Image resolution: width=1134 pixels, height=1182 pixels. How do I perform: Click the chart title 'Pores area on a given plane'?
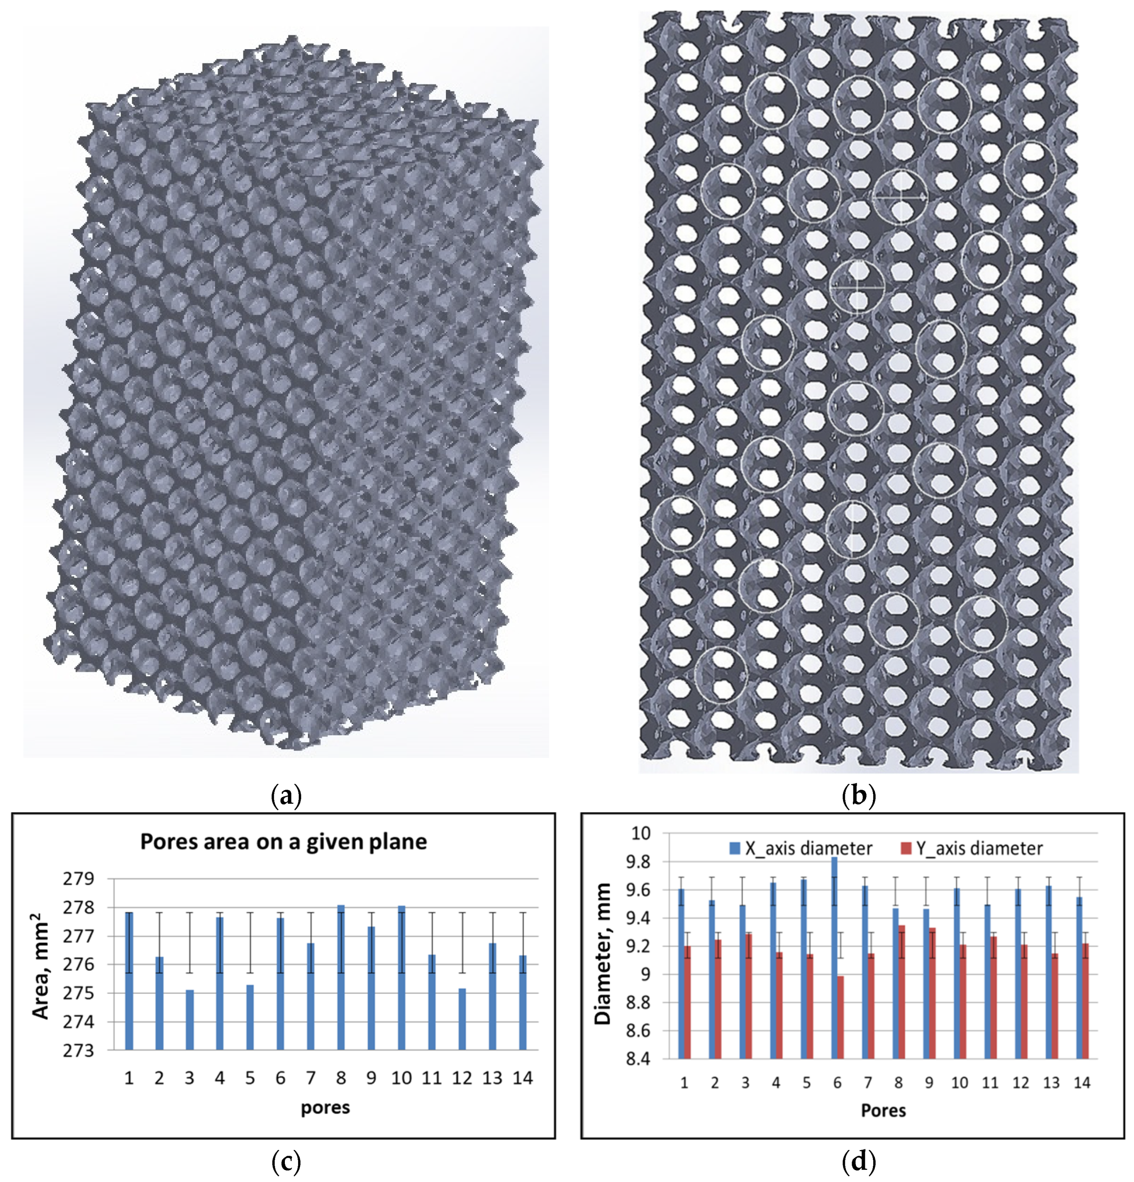click(283, 841)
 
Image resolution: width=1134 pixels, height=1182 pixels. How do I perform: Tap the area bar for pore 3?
click(189, 1020)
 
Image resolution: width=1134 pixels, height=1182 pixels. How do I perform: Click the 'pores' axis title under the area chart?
click(325, 1108)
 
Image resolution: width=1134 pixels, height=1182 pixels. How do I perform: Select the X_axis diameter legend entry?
click(800, 849)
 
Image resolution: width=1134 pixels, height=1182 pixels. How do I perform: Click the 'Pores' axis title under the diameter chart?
click(883, 1111)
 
